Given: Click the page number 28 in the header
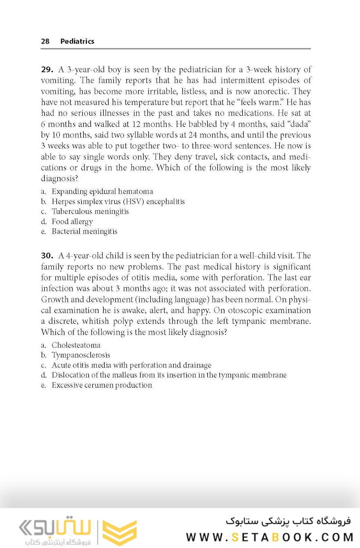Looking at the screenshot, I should pyautogui.click(x=45, y=42).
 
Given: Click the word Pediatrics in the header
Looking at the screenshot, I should pyautogui.click(x=77, y=42).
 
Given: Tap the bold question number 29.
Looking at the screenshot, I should pyautogui.click(x=47, y=70).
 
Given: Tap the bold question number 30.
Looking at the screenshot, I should pyautogui.click(x=47, y=256).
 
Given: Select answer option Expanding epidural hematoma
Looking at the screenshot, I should pyautogui.click(x=102, y=192).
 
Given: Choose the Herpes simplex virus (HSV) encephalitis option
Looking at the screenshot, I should pyautogui.click(x=118, y=201).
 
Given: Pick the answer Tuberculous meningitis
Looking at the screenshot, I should pyautogui.click(x=90, y=212).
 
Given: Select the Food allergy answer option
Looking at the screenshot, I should pyautogui.click(x=72, y=221).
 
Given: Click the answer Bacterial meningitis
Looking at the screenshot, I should pyautogui.click(x=84, y=231).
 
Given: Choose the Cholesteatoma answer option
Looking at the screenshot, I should pyautogui.click(x=76, y=345).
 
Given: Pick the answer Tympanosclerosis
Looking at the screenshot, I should pyautogui.click(x=81, y=355).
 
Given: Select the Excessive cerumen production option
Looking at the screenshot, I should pyautogui.click(x=102, y=385).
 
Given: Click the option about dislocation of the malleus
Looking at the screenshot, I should pyautogui.click(x=169, y=375).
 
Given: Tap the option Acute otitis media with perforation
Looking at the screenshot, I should pyautogui.click(x=131, y=365).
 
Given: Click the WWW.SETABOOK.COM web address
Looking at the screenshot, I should pyautogui.click(x=268, y=537).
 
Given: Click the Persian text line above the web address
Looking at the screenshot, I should pyautogui.click(x=288, y=521).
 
